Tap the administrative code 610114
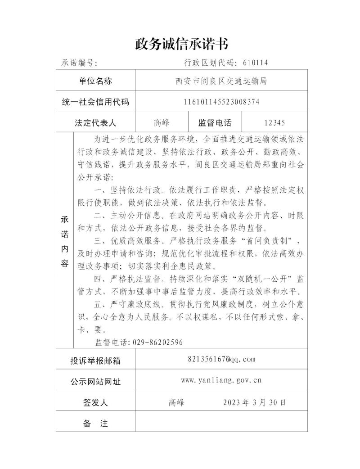pos(256,63)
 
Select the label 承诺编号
pos(79,63)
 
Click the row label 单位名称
pos(95,81)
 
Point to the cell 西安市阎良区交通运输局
pos(221,81)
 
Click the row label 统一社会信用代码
pos(95,102)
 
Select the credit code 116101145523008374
pos(221,102)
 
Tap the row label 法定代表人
pos(95,123)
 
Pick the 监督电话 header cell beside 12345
pos(215,123)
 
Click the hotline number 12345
pos(275,123)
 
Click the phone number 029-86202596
pos(157,343)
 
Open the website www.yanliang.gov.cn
pos(221,380)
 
